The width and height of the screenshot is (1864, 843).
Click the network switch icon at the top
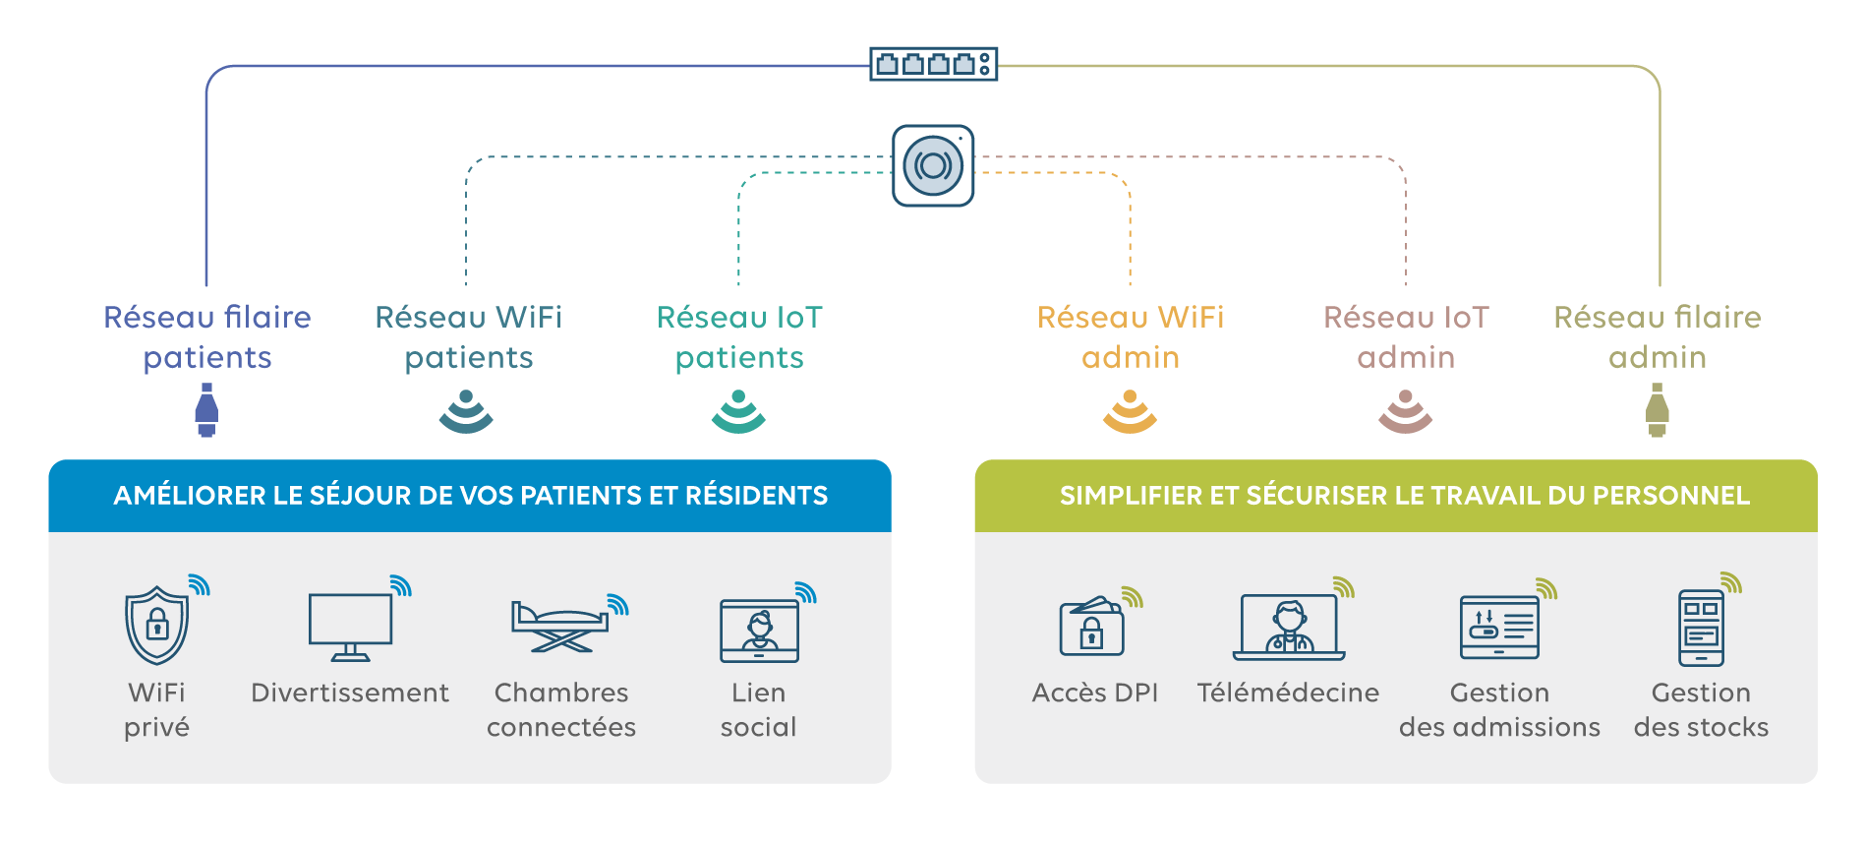tap(933, 65)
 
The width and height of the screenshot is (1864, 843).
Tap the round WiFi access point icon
tap(933, 165)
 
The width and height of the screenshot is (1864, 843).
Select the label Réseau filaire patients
tap(207, 336)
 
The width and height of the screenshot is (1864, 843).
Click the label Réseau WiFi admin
tap(1131, 336)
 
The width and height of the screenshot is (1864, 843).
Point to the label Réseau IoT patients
tap(739, 336)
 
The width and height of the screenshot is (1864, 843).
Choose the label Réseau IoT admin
tap(1406, 336)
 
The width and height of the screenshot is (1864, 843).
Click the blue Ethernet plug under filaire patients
tap(206, 409)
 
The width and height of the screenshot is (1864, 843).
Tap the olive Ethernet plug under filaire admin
tap(1658, 409)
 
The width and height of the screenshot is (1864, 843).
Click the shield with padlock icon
tap(157, 626)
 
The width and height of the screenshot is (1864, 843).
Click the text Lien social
tap(758, 709)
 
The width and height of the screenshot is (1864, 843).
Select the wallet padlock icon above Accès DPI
tap(1091, 627)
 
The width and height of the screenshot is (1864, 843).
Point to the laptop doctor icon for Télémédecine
tap(1289, 627)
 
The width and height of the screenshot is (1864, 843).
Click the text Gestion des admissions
tap(1499, 709)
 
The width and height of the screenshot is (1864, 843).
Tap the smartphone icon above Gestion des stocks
tap(1701, 628)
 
